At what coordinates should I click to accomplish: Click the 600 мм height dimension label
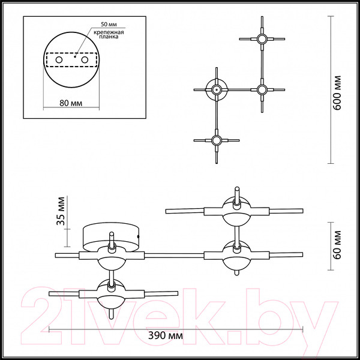pos(337,93)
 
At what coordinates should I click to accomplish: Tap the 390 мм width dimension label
pos(166,335)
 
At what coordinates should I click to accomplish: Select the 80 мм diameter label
pos(71,103)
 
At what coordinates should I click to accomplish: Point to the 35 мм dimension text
pos(61,211)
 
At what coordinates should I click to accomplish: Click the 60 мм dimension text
pos(337,245)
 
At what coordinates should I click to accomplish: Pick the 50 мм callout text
pos(109,25)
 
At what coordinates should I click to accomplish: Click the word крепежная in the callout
pos(109,32)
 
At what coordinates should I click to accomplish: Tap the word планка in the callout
pos(109,37)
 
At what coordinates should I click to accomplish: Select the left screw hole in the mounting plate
pos(59,60)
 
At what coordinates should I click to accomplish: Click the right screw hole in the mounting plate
pos(85,60)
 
